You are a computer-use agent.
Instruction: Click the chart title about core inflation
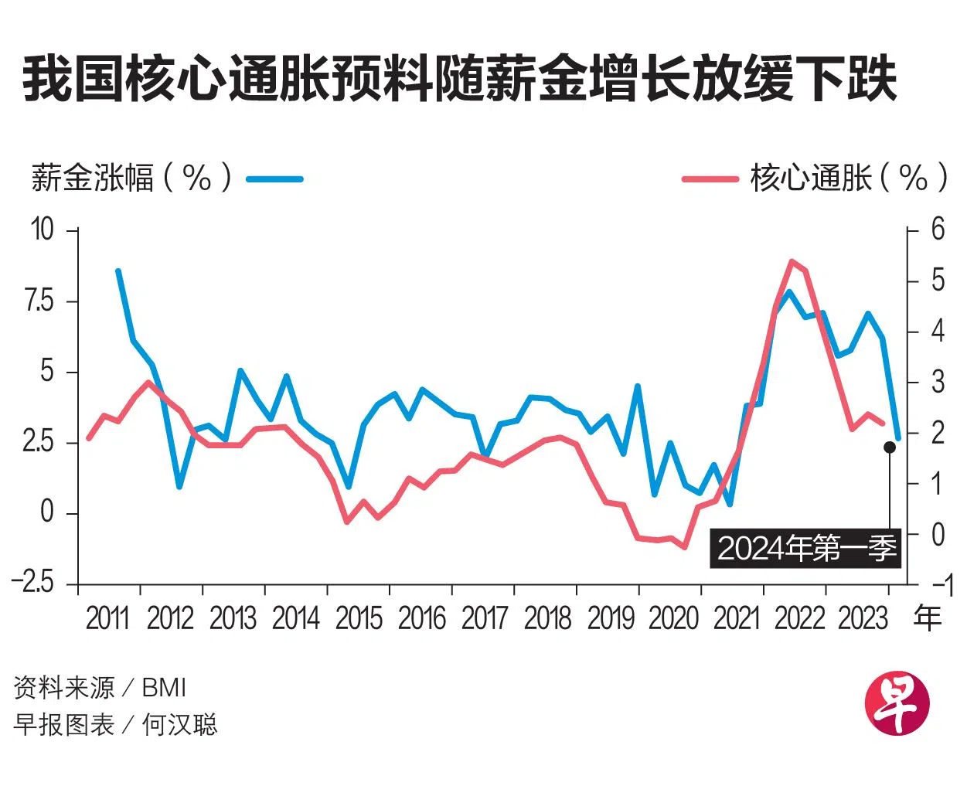point(460,80)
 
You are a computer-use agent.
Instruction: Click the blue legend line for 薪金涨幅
point(274,179)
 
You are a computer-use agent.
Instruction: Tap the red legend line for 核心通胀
point(710,179)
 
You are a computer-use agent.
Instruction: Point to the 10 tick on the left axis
point(42,230)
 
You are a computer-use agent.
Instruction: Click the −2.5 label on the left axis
point(34,583)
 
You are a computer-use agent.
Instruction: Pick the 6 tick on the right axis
point(937,230)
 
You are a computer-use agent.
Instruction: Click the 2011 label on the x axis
point(107,618)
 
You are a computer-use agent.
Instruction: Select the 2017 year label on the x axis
point(484,618)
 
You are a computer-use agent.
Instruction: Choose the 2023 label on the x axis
point(862,618)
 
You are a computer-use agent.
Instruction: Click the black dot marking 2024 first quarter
point(890,447)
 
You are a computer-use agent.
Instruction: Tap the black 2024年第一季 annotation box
point(806,549)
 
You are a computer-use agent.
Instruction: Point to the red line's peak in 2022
point(792,261)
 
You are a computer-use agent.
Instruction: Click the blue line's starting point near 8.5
point(117,271)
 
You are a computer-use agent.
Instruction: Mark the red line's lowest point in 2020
point(684,547)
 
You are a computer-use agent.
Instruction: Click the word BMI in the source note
point(164,687)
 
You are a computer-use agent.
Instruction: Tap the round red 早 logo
point(897,703)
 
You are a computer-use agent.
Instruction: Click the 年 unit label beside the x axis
point(928,618)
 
